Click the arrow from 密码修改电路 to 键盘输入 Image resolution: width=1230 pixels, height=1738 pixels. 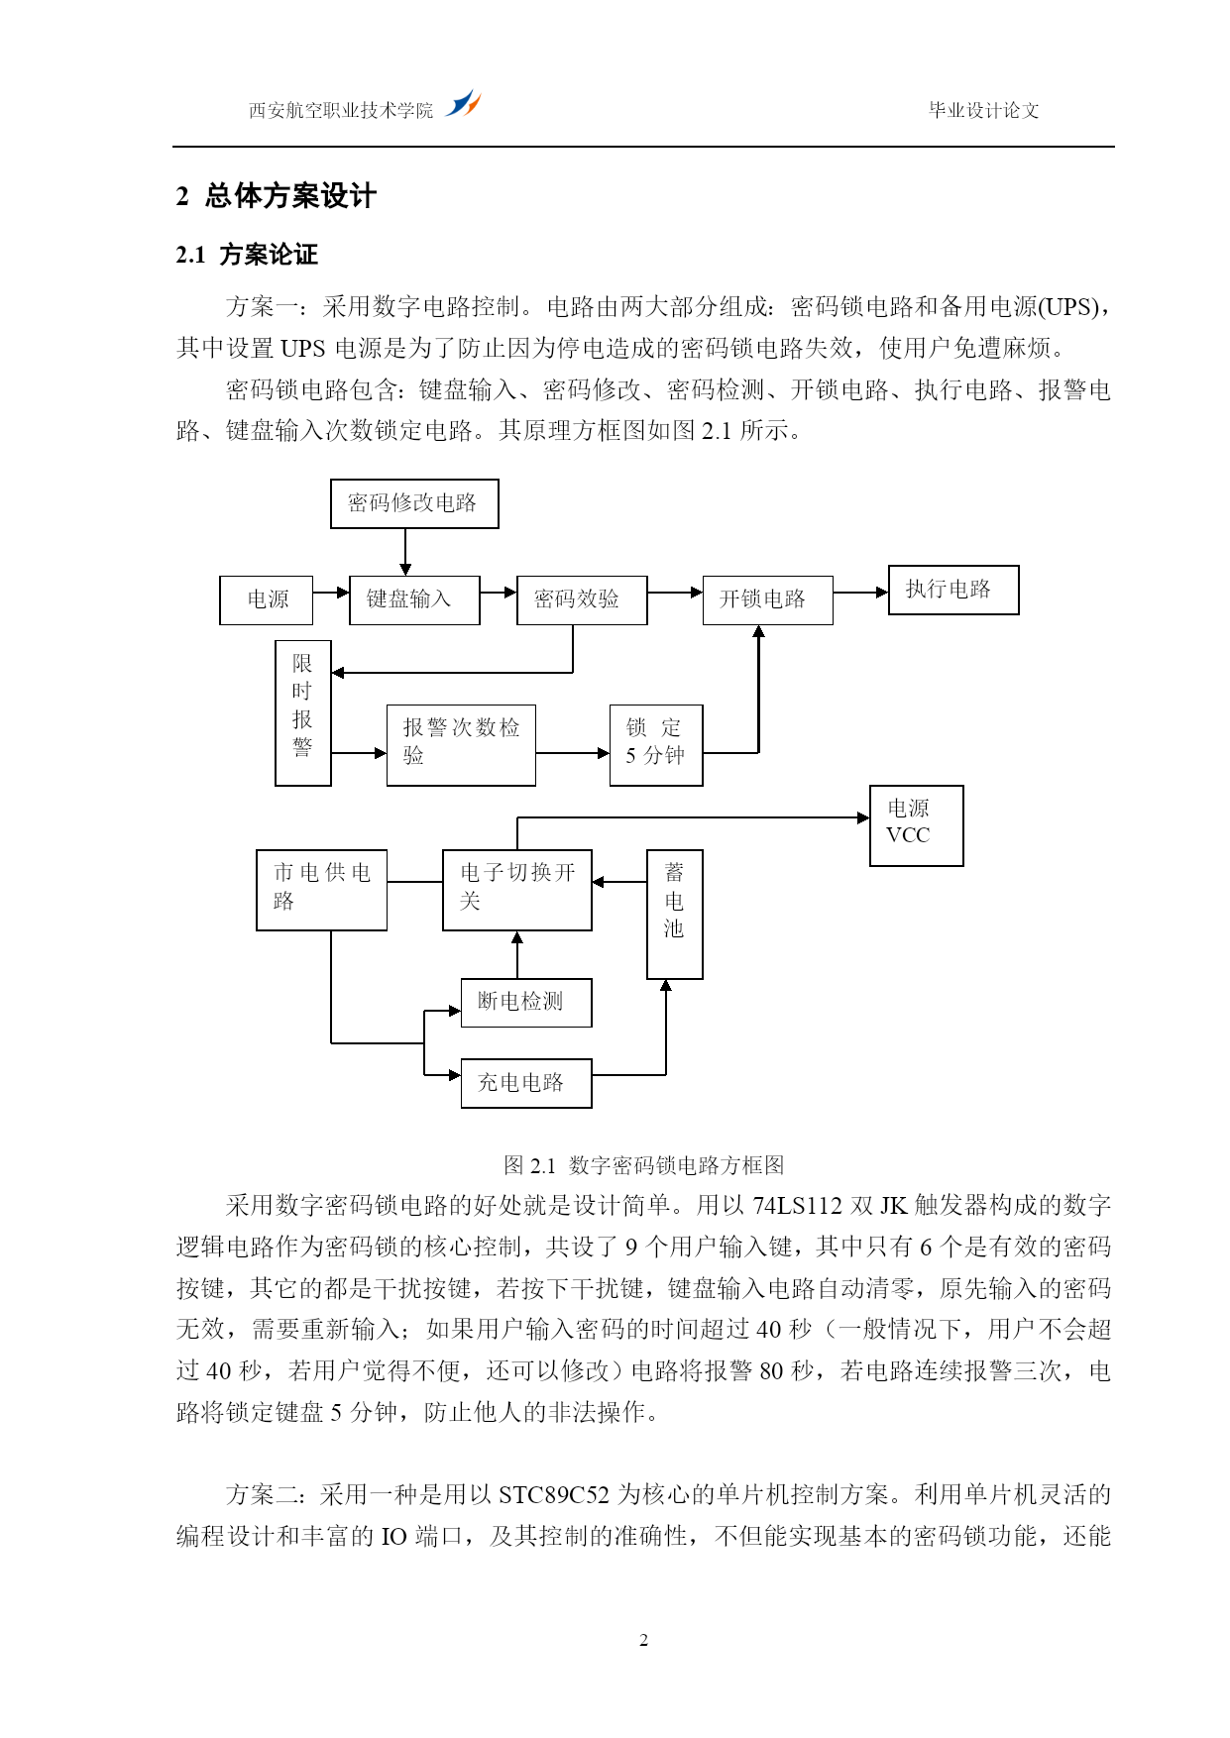(405, 552)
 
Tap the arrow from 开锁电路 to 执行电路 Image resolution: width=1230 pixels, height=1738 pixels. (860, 593)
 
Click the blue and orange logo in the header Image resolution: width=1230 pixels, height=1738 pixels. (463, 103)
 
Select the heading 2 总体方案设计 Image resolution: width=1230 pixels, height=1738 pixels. (277, 196)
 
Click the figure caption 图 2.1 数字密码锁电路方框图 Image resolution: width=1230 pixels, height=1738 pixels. (644, 1165)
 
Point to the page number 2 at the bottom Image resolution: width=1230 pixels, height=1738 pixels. (644, 1641)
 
